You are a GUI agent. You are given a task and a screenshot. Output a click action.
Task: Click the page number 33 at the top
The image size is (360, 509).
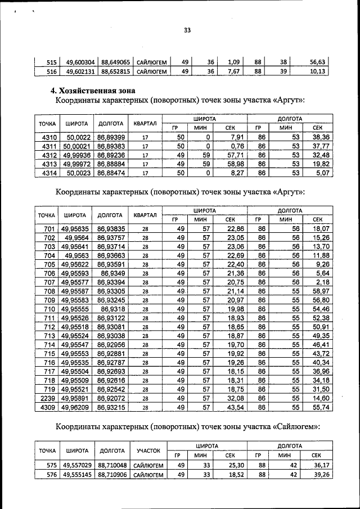(187, 31)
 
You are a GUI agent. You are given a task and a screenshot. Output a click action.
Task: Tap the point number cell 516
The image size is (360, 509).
(51, 71)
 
